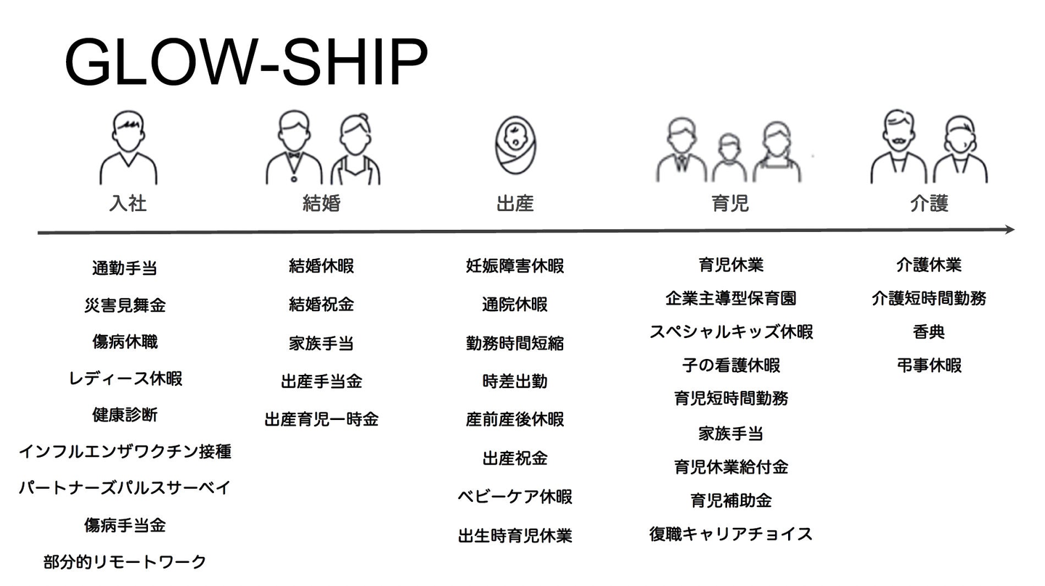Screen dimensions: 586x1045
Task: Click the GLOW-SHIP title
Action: pos(246,62)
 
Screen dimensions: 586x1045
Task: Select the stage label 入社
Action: pos(128,202)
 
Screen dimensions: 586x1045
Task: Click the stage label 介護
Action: pos(929,202)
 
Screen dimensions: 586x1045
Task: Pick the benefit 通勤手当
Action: pos(125,268)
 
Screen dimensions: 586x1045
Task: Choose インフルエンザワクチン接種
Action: pos(125,452)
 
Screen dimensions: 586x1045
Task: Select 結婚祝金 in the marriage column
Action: pos(321,305)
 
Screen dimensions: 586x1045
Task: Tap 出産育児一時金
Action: pos(321,419)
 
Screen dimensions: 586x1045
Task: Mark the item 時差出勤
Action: pos(515,381)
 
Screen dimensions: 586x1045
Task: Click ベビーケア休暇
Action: pos(515,497)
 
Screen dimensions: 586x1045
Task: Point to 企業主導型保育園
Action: pos(731,298)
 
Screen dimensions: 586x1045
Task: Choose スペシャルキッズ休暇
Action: pos(731,332)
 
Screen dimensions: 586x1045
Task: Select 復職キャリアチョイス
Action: pos(731,535)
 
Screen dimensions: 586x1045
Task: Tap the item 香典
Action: pos(929,332)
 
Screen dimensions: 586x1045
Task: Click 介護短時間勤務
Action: pos(929,298)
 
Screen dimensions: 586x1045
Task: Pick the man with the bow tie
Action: pos(293,149)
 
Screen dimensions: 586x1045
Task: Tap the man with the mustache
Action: pos(898,149)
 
